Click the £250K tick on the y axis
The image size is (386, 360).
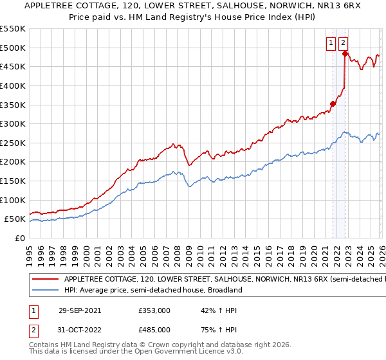pos(13,143)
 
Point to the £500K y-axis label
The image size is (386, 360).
pos(13,48)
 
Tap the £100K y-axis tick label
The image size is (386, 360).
pos(13,200)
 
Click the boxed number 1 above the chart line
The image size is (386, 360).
pos(331,43)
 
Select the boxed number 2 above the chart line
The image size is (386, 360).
pos(344,43)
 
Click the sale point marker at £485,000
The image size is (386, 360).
pos(345,54)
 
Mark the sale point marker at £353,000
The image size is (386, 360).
pos(333,104)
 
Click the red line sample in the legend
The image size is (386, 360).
pos(45,280)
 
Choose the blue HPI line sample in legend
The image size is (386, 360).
pos(45,291)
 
